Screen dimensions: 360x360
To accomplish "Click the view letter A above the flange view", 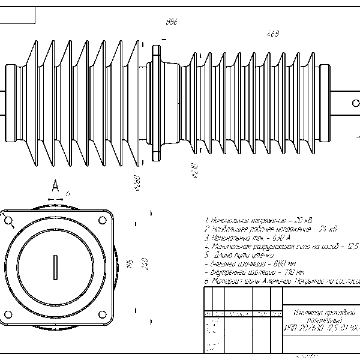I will click(x=55, y=185).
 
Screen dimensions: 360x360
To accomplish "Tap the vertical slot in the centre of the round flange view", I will click(x=55, y=265).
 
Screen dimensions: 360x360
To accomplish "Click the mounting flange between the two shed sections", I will click(x=157, y=103).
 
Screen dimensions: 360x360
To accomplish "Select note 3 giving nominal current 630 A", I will click(x=247, y=238).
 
